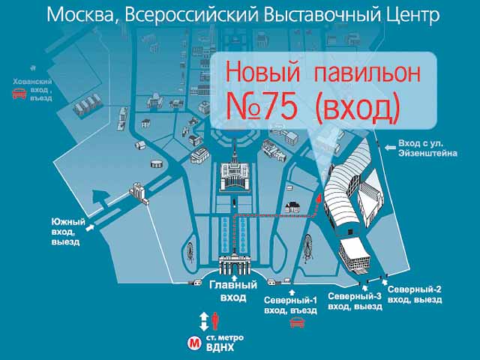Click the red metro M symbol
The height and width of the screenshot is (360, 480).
(x=194, y=343)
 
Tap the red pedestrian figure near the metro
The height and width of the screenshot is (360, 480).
(x=215, y=322)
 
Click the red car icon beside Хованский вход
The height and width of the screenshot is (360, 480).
(x=19, y=93)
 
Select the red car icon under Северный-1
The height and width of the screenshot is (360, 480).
(x=297, y=322)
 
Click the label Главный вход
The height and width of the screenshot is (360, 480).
(x=233, y=291)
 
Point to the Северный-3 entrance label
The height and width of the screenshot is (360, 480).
(x=355, y=301)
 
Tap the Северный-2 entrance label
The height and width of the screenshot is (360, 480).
(x=415, y=294)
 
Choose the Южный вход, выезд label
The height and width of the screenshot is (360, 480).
(x=67, y=232)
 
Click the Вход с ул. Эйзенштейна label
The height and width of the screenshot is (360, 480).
(x=427, y=148)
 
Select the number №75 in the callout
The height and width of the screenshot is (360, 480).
(x=261, y=106)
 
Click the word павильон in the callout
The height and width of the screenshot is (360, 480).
(x=367, y=73)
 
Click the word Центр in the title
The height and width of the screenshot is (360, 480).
(x=413, y=16)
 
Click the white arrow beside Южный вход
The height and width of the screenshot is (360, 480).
(x=90, y=227)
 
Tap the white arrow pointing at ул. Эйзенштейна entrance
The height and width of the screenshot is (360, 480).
(x=390, y=148)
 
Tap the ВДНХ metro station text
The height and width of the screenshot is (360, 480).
(x=220, y=348)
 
